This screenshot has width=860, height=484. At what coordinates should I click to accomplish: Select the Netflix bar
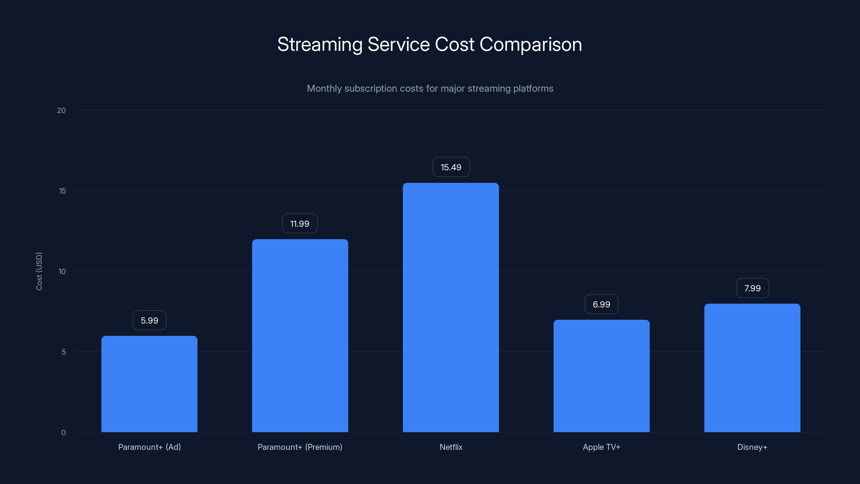pyautogui.click(x=451, y=307)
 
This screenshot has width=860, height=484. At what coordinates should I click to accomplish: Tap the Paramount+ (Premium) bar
pyautogui.click(x=300, y=335)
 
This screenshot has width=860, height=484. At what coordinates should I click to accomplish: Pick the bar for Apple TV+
pyautogui.click(x=601, y=376)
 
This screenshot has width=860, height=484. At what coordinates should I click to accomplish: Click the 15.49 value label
pyautogui.click(x=451, y=167)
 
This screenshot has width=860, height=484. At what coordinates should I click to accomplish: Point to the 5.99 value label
pyautogui.click(x=149, y=320)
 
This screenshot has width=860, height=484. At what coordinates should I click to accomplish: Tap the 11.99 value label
pyautogui.click(x=299, y=223)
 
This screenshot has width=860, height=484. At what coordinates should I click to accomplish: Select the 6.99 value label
pyautogui.click(x=601, y=304)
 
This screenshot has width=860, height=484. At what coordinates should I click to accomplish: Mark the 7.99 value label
pyautogui.click(x=752, y=288)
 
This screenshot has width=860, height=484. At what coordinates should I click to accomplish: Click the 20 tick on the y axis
pyautogui.click(x=62, y=110)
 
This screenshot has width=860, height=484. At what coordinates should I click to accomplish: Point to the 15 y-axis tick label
pyautogui.click(x=62, y=191)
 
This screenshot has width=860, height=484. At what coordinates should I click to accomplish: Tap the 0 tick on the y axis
pyautogui.click(x=63, y=433)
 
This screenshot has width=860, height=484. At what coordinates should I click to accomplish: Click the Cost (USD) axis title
pyautogui.click(x=39, y=271)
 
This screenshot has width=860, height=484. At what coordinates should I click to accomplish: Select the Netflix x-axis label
pyautogui.click(x=451, y=447)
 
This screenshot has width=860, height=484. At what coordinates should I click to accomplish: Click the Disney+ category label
pyautogui.click(x=752, y=447)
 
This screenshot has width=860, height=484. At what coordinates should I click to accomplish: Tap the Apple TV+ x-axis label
pyautogui.click(x=601, y=447)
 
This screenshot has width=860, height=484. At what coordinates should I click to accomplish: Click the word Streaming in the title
pyautogui.click(x=320, y=44)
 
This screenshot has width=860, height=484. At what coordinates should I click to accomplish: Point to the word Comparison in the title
pyautogui.click(x=531, y=44)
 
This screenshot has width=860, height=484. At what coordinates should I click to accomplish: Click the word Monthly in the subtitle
pyautogui.click(x=324, y=88)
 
